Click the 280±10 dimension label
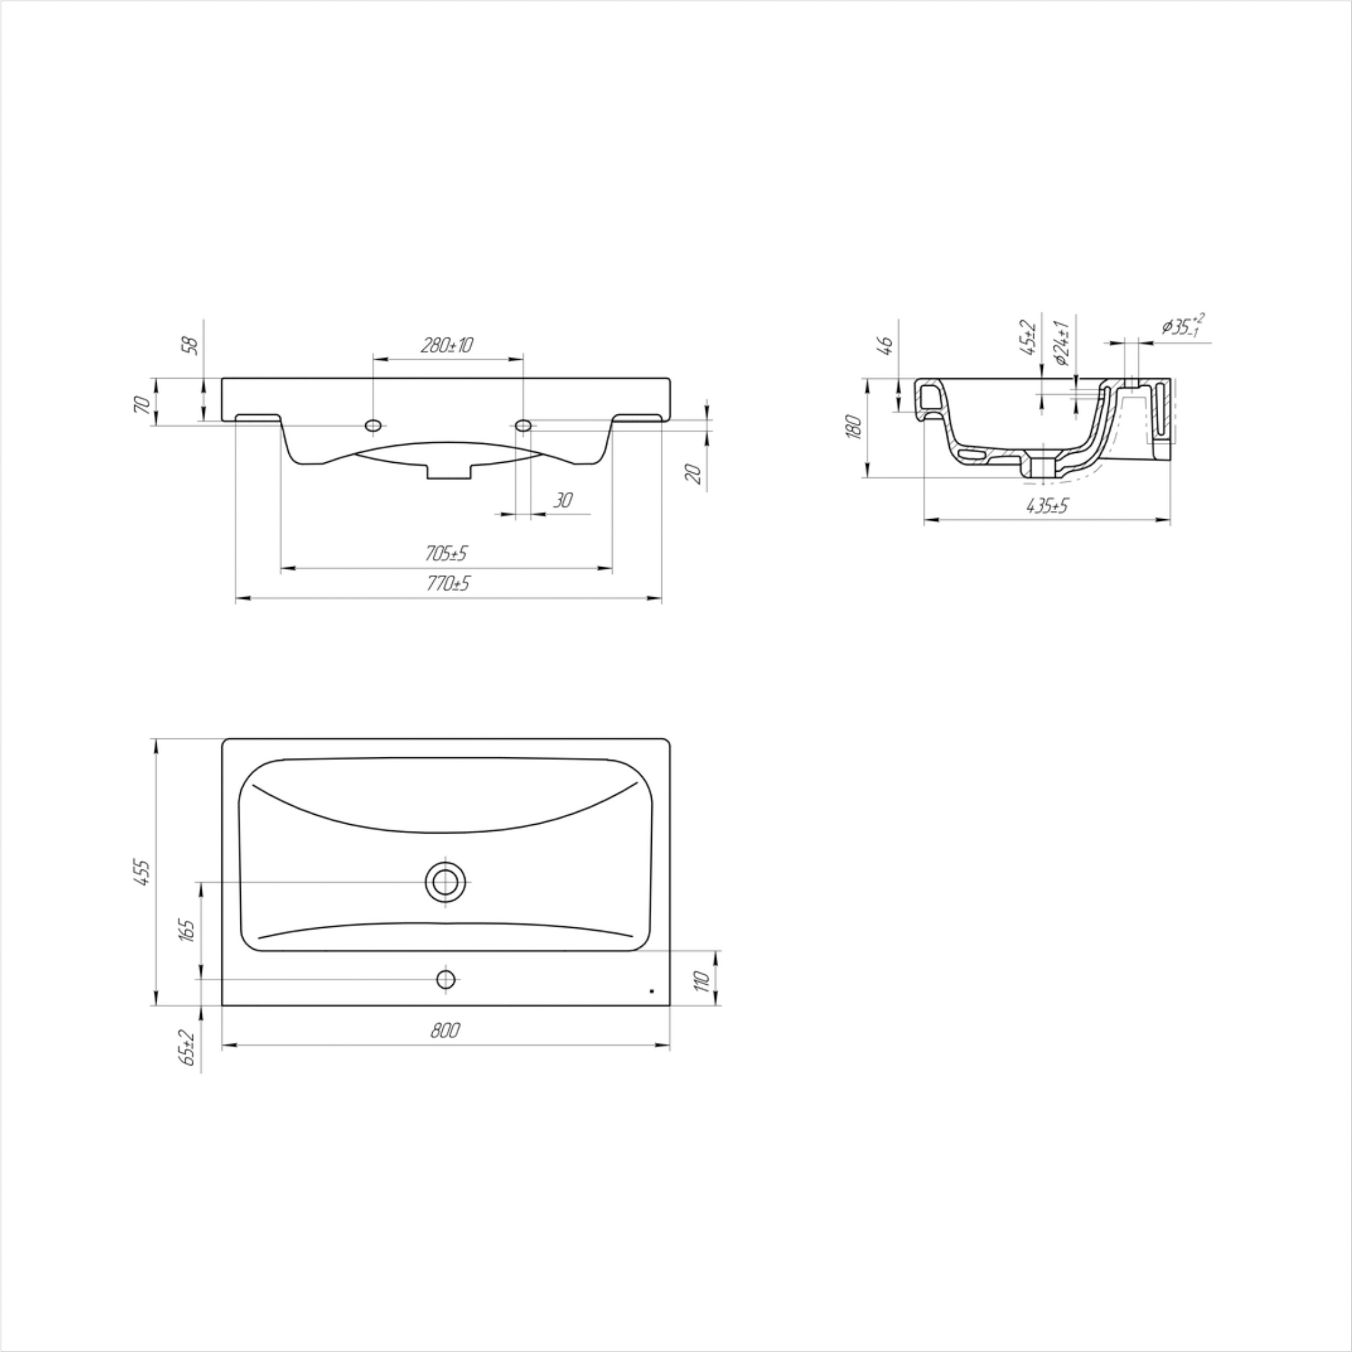pyautogui.click(x=447, y=345)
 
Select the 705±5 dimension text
pyautogui.click(x=445, y=553)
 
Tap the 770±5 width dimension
pyautogui.click(x=448, y=583)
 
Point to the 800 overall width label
pyautogui.click(x=445, y=1030)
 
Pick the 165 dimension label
pyautogui.click(x=187, y=930)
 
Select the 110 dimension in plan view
pyautogui.click(x=703, y=980)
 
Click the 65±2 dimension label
pyautogui.click(x=187, y=1046)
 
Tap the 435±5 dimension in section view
pyautogui.click(x=1048, y=506)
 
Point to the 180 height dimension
pyautogui.click(x=853, y=426)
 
